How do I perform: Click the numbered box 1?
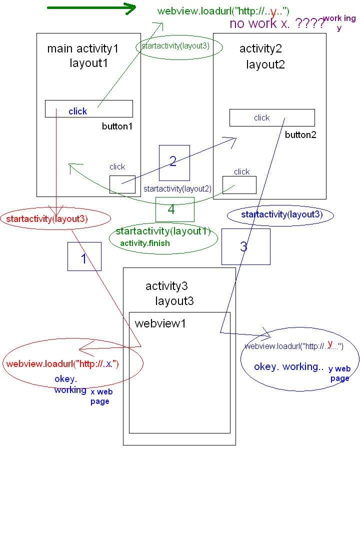click(x=84, y=256)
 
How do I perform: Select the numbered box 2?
click(x=174, y=162)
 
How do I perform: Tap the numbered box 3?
click(x=245, y=246)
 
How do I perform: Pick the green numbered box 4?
click(x=174, y=209)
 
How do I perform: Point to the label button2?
click(x=300, y=135)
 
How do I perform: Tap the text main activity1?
click(x=83, y=48)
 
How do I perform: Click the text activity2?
click(x=260, y=48)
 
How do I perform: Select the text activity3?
click(x=166, y=286)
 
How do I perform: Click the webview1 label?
click(x=160, y=323)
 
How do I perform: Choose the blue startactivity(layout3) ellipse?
click(x=280, y=215)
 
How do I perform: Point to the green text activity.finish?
click(x=145, y=243)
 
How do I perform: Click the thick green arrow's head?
click(x=131, y=8)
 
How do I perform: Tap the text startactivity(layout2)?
click(x=177, y=189)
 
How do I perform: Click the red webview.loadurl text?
click(x=62, y=363)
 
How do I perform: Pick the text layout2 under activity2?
click(x=265, y=64)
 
